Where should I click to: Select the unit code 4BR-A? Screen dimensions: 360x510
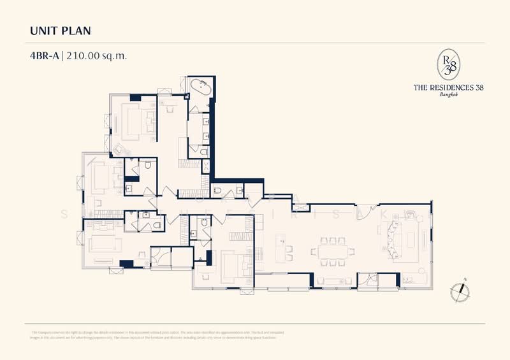(44, 55)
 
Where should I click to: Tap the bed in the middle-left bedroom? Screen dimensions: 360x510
(102, 177)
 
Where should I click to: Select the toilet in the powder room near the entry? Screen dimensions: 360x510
(217, 189)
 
